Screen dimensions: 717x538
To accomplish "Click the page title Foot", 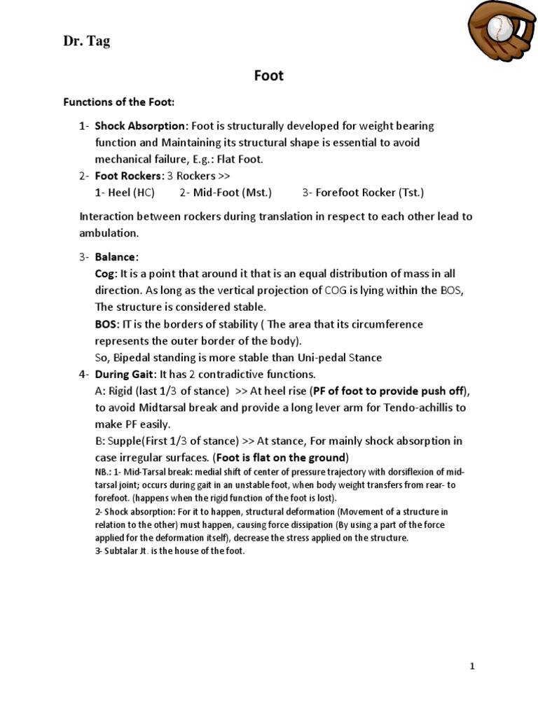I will [268, 75].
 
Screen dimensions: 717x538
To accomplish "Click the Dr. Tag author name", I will [86, 42].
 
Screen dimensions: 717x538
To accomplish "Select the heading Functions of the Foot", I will [119, 102].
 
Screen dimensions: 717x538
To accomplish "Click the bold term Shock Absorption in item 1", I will [141, 126].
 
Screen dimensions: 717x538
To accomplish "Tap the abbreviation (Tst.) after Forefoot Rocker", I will [411, 192].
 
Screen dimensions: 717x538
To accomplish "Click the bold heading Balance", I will [116, 257].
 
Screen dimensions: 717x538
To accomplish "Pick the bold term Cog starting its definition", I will [106, 274].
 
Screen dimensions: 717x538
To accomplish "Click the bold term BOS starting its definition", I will [106, 324].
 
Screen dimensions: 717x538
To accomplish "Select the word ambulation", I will [109, 233].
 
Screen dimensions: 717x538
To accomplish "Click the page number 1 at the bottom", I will [472, 666].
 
